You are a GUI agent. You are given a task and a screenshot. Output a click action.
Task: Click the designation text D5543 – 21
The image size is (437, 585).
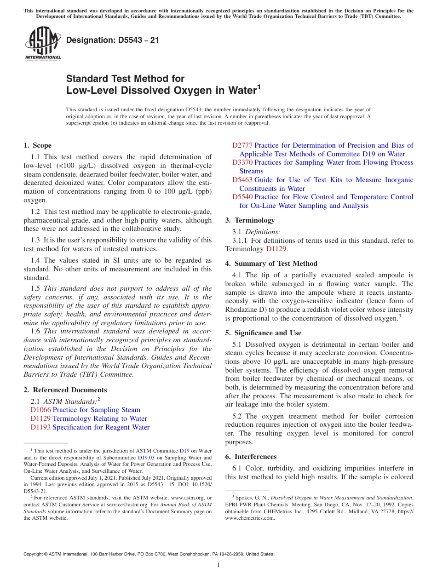[113, 40]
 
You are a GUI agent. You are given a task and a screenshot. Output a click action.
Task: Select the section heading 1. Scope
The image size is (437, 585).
[37, 145]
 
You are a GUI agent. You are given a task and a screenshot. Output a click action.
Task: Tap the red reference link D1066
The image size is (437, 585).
[40, 410]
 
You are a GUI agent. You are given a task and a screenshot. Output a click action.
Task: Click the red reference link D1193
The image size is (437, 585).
[40, 427]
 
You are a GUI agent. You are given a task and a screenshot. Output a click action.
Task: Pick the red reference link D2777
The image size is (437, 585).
[242, 145]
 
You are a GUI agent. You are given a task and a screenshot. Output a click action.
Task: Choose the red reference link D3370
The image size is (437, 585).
[242, 162]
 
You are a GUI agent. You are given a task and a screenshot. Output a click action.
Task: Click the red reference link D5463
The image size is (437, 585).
[242, 180]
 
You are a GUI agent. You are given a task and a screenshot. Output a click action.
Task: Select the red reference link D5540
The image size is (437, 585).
[242, 197]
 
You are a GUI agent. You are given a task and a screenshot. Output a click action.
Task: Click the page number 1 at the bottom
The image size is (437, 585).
[218, 565]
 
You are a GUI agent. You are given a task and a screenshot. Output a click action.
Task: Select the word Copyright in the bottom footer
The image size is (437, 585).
[34, 554]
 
